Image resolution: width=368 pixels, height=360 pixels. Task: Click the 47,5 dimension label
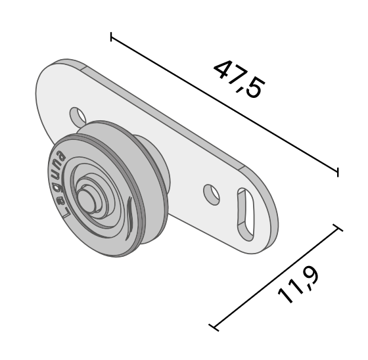point(239,79)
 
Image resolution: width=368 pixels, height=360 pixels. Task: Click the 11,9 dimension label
point(299,284)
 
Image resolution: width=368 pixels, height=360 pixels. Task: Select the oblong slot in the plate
point(246,214)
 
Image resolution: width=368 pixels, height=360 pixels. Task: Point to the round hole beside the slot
point(212,194)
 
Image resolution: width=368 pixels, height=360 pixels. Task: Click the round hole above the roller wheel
point(78,117)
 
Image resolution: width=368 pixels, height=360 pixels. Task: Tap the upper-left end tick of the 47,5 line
point(111,37)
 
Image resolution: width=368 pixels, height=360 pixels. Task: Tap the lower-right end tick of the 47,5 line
point(338,172)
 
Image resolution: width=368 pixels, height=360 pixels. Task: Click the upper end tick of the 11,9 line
point(338,228)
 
